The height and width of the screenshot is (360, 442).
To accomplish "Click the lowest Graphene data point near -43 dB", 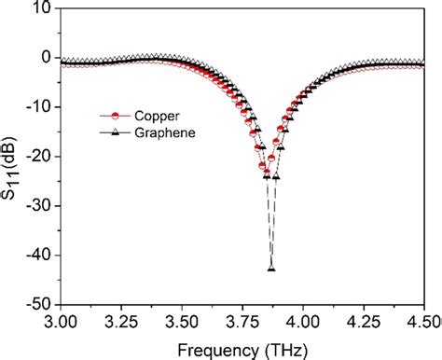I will [271, 269].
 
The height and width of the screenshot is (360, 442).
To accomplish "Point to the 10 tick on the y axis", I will [43, 8].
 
